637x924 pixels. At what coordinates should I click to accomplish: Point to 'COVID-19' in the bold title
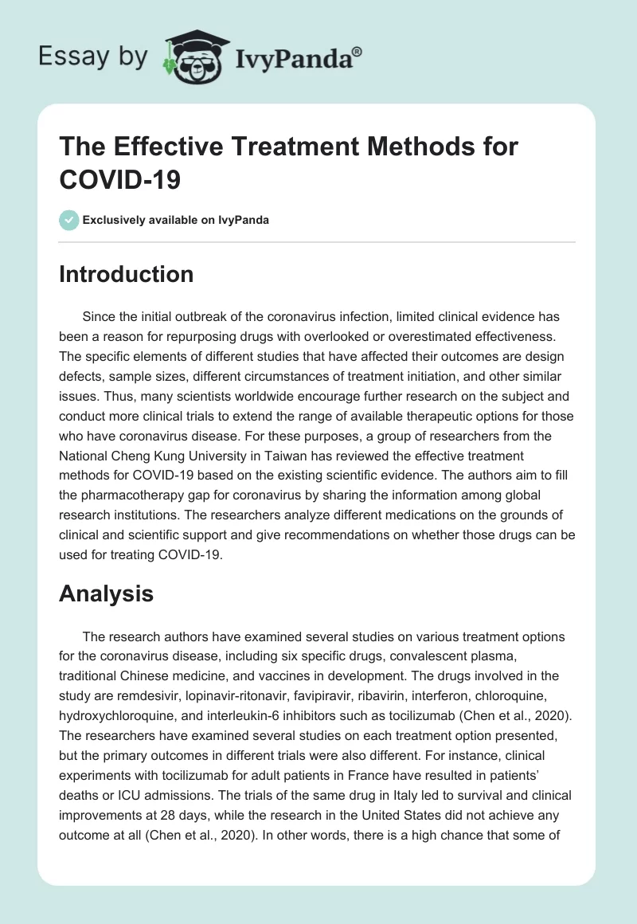(120, 178)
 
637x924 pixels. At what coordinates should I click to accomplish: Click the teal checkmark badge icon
(69, 220)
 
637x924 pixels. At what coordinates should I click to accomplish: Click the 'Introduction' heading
(126, 274)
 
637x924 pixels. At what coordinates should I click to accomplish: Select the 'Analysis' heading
(106, 593)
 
